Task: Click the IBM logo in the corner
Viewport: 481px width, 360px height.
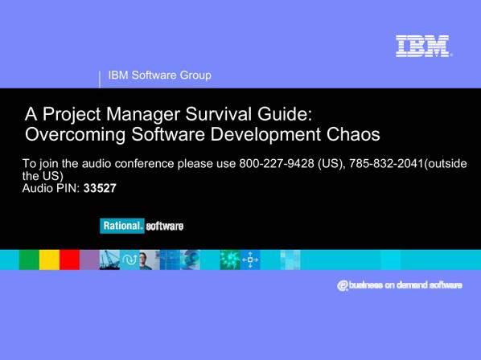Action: [x=423, y=46]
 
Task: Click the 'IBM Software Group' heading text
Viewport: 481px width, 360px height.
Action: [x=160, y=75]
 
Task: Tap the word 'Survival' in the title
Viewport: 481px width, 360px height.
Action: [x=219, y=114]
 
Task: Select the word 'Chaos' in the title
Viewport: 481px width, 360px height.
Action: [x=353, y=134]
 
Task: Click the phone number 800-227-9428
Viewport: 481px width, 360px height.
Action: [x=277, y=163]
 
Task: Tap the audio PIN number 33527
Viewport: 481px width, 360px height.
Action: [x=100, y=188]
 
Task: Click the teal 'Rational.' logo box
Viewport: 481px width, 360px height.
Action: [x=121, y=226]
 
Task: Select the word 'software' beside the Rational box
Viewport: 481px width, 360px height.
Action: [x=165, y=226]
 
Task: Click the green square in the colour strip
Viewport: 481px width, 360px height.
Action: [x=29, y=260]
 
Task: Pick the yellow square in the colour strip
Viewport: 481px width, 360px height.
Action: [x=49, y=260]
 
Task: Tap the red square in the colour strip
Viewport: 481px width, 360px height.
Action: [x=69, y=260]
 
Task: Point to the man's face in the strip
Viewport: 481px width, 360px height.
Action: [x=144, y=259]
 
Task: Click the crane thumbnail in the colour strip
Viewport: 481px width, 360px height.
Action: [x=109, y=260]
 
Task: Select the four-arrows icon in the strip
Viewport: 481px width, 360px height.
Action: [x=250, y=260]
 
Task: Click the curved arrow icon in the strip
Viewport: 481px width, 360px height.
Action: [x=129, y=260]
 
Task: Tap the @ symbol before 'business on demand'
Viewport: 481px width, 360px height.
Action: [x=343, y=285]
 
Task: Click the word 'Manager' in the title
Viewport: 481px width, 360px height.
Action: [x=143, y=115]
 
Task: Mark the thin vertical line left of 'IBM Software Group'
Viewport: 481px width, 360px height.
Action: [x=100, y=80]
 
